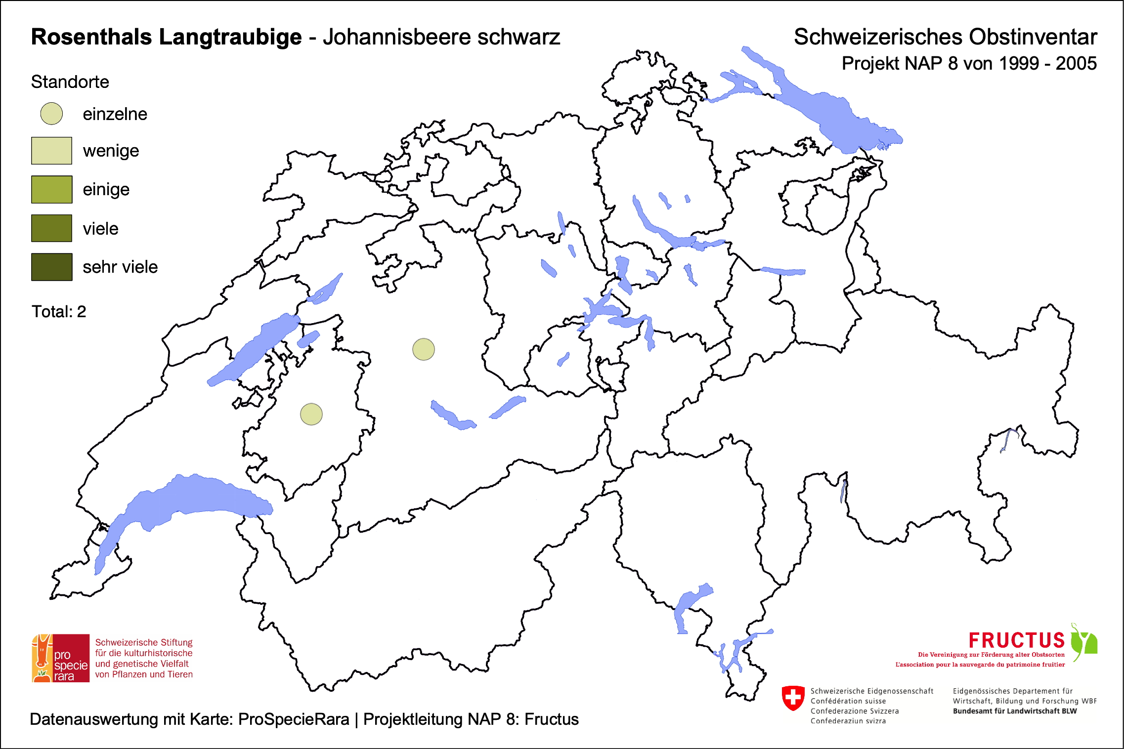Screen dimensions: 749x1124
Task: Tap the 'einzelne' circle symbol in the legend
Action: pyautogui.click(x=51, y=114)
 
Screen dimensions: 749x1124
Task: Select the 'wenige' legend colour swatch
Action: pyautogui.click(x=51, y=151)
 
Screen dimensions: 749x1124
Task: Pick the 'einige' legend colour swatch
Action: pyautogui.click(x=51, y=189)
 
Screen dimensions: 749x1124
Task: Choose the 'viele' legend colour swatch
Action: pyautogui.click(x=51, y=228)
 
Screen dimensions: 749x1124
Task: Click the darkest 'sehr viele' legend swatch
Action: pyautogui.click(x=51, y=267)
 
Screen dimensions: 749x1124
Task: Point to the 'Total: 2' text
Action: pyautogui.click(x=59, y=312)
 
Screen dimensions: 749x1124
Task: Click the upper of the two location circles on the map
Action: pyautogui.click(x=424, y=349)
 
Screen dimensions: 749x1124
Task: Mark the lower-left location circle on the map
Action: pyautogui.click(x=311, y=414)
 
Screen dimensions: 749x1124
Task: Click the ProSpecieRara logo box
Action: pyautogui.click(x=61, y=658)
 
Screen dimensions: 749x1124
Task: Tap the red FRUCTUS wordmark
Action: pyautogui.click(x=1016, y=640)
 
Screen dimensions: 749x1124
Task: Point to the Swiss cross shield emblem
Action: pyautogui.click(x=793, y=698)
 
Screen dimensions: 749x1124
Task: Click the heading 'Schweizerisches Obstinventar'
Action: pyautogui.click(x=945, y=37)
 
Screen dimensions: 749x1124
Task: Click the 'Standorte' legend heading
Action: pyautogui.click(x=70, y=82)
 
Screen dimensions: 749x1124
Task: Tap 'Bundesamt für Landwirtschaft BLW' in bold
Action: pyautogui.click(x=1014, y=711)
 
